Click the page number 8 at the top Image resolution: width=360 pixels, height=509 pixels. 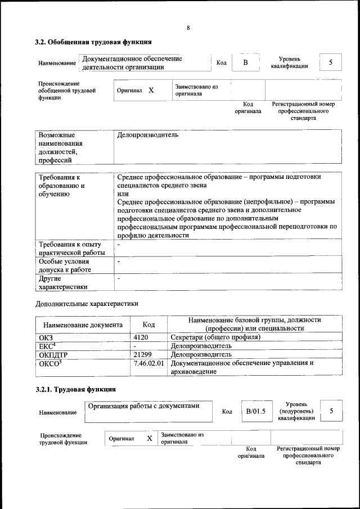188,28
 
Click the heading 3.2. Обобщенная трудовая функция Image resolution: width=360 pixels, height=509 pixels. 93,42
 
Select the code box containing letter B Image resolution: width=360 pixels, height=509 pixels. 245,62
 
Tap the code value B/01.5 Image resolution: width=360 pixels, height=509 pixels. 255,412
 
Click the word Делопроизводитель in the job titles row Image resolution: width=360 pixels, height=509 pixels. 148,135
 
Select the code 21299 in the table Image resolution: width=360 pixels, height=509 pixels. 143,355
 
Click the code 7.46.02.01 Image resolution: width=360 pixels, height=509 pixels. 149,363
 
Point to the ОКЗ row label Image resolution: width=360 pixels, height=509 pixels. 44,337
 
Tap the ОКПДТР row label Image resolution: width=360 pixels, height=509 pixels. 55,355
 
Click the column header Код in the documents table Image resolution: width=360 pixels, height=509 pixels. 148,325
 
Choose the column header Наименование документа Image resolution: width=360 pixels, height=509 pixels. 83,325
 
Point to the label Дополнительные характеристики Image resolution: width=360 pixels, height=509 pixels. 86,304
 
